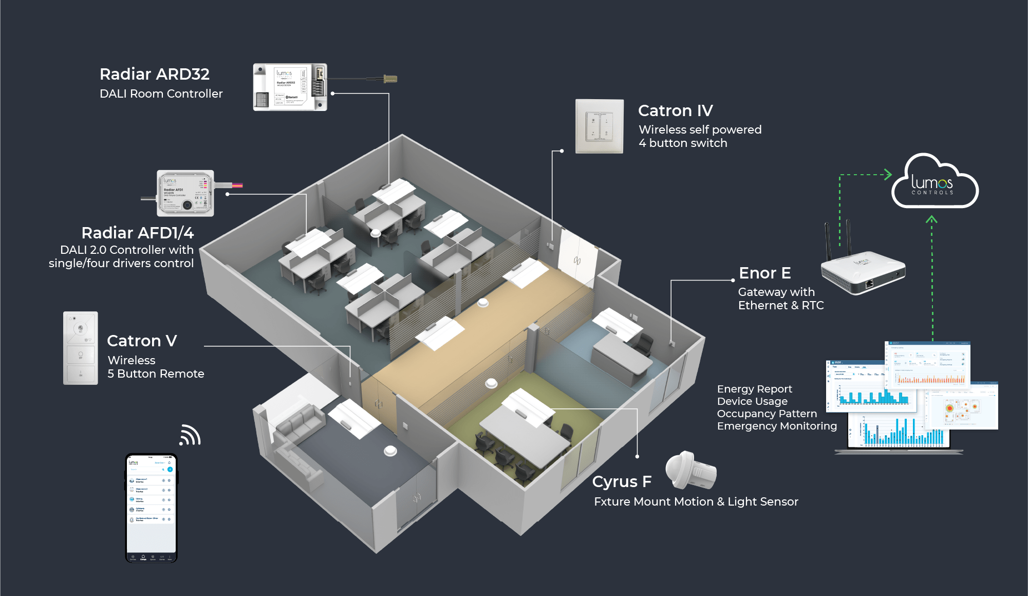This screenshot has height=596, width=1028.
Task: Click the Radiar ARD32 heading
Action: tap(154, 74)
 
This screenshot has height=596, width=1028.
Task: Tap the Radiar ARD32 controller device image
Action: tap(290, 87)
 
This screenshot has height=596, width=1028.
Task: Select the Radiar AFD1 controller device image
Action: tap(185, 193)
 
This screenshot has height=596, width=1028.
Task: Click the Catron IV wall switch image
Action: tap(599, 126)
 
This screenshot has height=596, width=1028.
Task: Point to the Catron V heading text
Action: tap(142, 341)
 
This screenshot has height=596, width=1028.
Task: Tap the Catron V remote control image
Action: tap(81, 348)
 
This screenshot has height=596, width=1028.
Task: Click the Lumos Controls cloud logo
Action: tap(934, 183)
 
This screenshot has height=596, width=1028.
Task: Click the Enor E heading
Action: tap(764, 273)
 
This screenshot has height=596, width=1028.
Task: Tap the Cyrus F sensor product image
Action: tap(690, 471)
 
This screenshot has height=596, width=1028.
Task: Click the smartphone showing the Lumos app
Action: tap(151, 508)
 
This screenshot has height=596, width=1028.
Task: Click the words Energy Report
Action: tap(754, 389)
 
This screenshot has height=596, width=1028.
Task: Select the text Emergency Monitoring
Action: tap(776, 426)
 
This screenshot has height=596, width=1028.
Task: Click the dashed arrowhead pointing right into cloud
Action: tap(887, 175)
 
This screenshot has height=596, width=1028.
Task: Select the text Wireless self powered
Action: tap(700, 129)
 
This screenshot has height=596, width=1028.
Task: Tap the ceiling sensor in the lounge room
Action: tap(390, 451)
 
